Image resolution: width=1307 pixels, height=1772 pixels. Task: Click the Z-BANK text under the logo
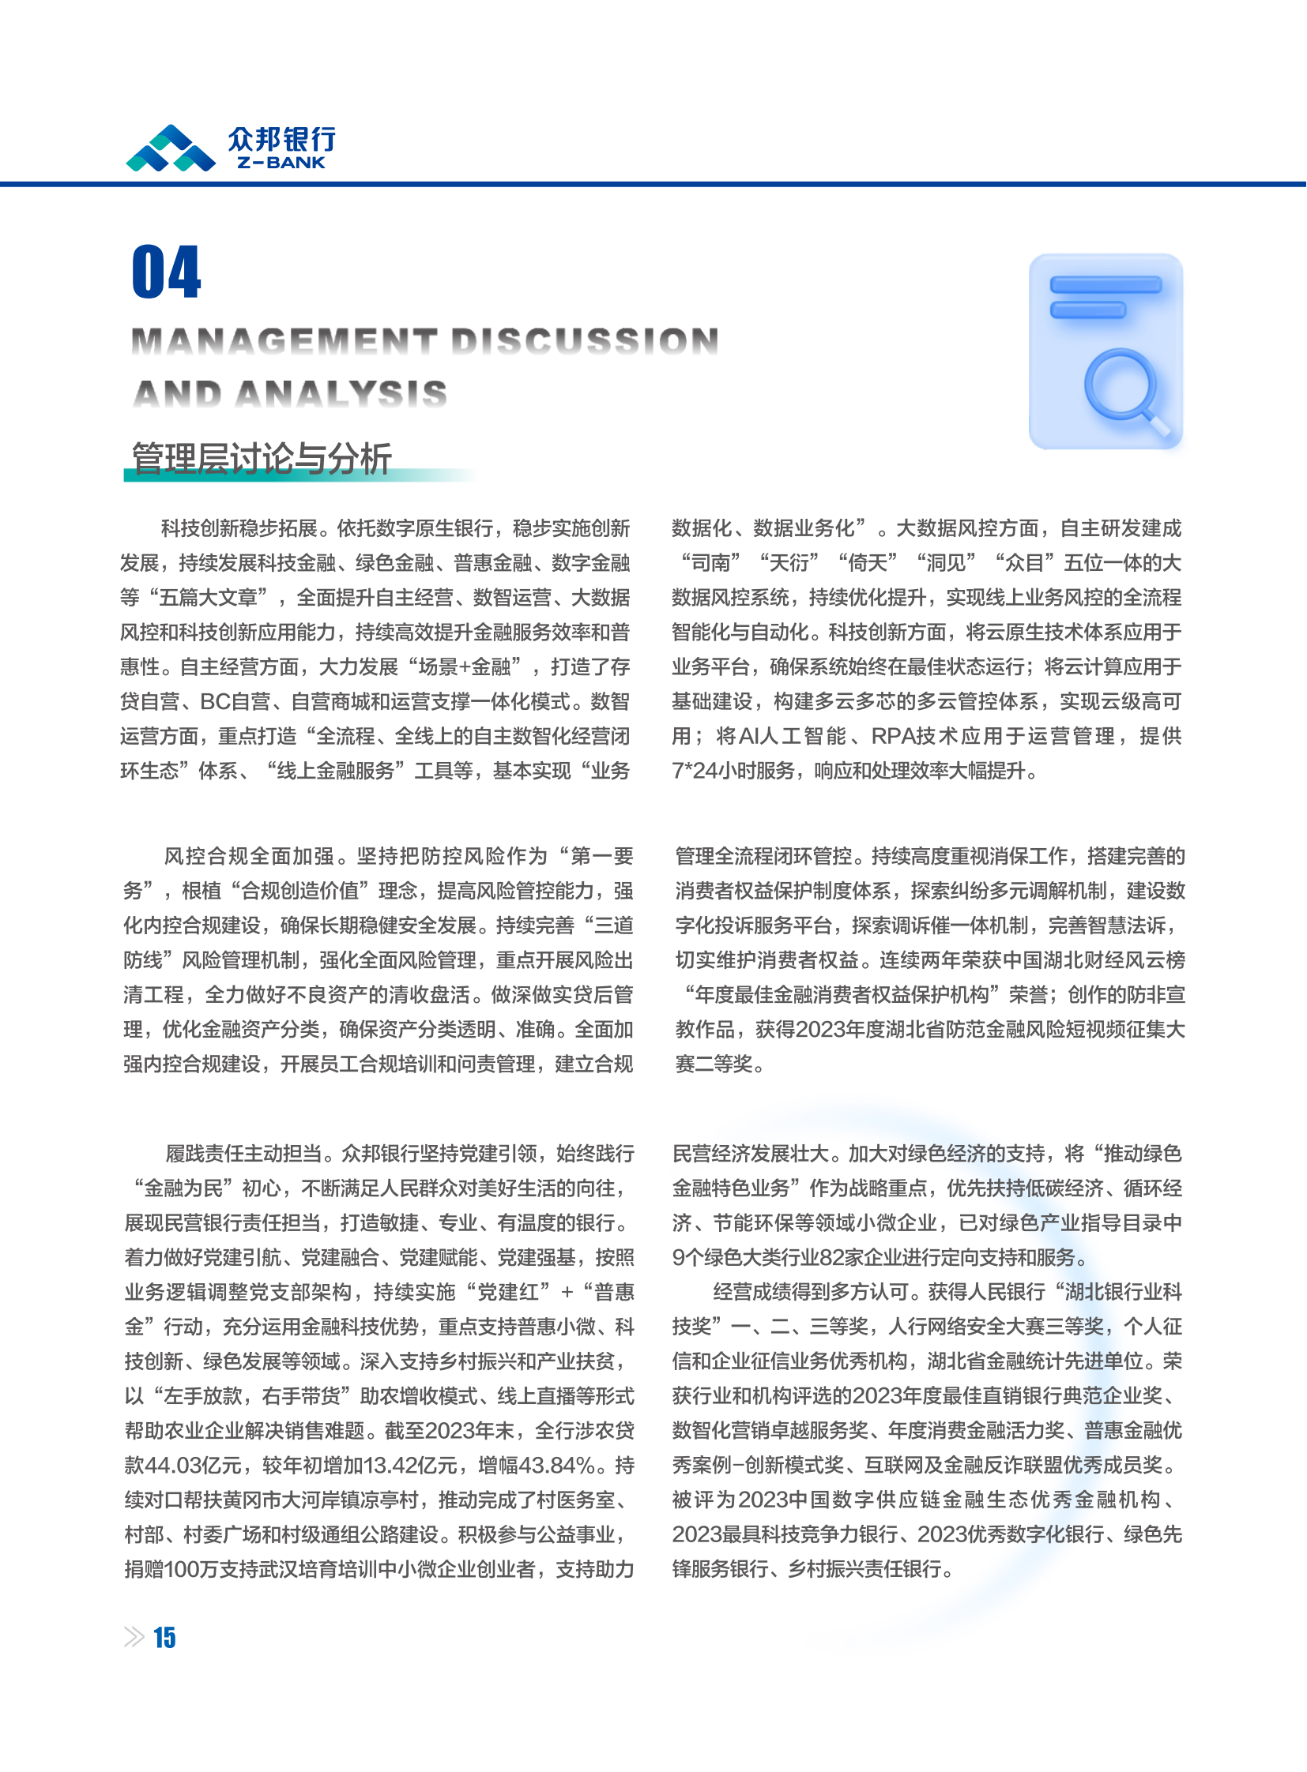tap(281, 163)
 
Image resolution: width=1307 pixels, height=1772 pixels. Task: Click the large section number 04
tap(167, 272)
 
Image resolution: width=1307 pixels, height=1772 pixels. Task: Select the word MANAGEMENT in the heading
tap(284, 342)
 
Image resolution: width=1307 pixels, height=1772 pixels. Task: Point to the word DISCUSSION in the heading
tap(585, 342)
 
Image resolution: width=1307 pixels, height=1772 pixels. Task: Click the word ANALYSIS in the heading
tap(341, 394)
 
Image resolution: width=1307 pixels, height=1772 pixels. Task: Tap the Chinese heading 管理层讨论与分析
tap(261, 459)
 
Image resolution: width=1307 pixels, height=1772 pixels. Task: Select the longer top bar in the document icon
tap(1105, 284)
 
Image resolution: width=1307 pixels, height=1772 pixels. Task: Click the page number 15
tap(164, 1637)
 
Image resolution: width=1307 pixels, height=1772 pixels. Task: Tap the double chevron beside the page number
tap(134, 1637)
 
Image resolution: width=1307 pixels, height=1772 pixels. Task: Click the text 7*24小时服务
tap(733, 771)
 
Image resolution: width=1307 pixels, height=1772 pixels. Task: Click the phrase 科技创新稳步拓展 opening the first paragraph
tap(239, 528)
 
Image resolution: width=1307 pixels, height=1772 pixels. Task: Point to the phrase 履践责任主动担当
tap(243, 1154)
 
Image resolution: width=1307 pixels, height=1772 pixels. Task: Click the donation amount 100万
tap(187, 1570)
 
